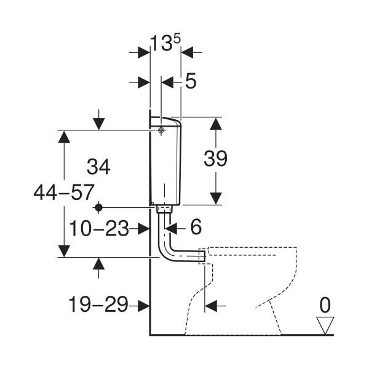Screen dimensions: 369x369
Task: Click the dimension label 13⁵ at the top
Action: pos(165,43)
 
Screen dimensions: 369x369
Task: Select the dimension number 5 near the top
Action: pos(191,81)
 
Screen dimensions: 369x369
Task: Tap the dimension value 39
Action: pos(216,159)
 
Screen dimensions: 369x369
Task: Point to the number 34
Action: pos(98,167)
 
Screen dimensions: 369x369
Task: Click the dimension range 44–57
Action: pos(64,192)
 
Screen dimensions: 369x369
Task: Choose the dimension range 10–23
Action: pos(99,228)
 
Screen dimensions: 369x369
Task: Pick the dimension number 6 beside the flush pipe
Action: pos(196,227)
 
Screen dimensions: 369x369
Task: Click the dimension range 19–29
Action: pos(98,304)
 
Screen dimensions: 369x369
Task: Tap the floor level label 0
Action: pos(325,305)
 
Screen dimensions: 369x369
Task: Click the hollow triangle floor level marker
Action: pos(325,325)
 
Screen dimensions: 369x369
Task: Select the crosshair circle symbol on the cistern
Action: pos(161,130)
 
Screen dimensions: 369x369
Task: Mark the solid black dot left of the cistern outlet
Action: pos(98,208)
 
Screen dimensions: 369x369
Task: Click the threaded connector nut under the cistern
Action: pos(165,209)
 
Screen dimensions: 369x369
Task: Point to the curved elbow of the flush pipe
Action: pos(167,252)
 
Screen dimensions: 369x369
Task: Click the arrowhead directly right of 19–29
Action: pos(144,306)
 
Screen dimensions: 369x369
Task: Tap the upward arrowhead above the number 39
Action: pos(216,124)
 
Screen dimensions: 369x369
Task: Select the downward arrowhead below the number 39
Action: pos(216,199)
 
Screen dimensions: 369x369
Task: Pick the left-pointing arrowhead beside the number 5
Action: pos(167,82)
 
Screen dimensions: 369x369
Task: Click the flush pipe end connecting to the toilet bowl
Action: pos(202,256)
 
